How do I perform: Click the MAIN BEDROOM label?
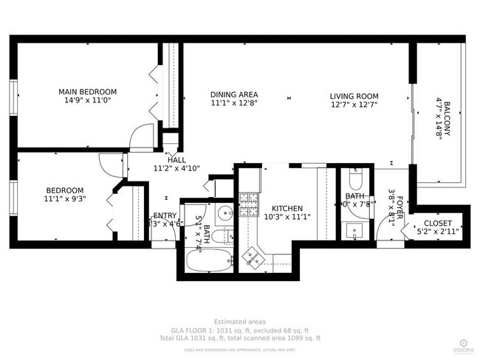coord(87,92)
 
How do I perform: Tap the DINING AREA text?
coord(233,95)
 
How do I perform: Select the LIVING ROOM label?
coord(354,96)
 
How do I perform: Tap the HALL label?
coord(176,159)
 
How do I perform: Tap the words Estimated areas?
coord(240,322)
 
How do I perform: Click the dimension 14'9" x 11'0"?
coord(87,101)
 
